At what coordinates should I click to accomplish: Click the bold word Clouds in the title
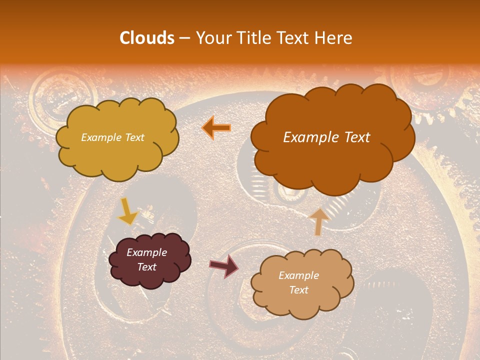147,38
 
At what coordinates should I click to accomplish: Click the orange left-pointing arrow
216,128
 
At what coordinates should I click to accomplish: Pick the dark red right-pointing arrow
224,265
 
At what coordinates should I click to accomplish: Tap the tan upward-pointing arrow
318,221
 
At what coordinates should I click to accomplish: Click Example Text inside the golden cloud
112,137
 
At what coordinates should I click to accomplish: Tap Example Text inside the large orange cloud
326,137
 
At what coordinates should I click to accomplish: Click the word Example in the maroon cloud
146,252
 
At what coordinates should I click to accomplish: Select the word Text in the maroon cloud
146,267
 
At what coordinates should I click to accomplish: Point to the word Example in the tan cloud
298,275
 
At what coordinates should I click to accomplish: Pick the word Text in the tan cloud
298,290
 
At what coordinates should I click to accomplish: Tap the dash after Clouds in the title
184,38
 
